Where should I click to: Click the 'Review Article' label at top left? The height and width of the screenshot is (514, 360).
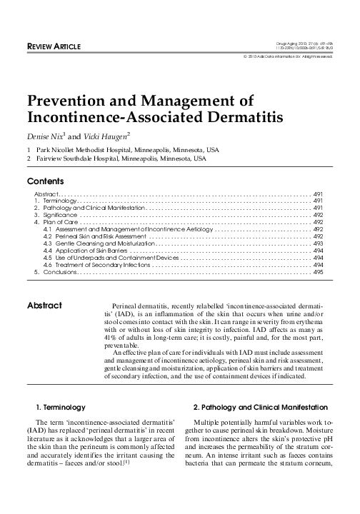pos(54,47)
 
